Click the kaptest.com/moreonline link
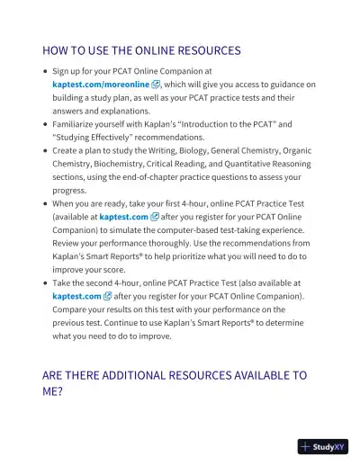(100, 85)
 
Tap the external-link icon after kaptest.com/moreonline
(156, 85)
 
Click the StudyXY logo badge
(322, 446)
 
